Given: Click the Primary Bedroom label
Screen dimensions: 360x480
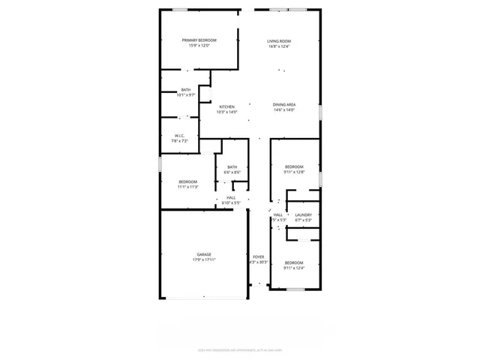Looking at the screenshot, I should (199, 40).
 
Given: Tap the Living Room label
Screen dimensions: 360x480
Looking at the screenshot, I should (279, 40).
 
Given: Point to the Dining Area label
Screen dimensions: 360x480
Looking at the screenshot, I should (283, 105).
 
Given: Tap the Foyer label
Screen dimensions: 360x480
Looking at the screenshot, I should (258, 256).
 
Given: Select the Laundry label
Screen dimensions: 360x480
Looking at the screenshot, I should (303, 215).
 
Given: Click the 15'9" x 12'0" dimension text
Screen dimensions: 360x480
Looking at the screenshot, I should (199, 46).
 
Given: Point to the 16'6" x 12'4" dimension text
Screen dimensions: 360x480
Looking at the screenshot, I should (279, 46).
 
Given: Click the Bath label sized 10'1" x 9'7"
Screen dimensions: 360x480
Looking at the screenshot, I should (185, 90).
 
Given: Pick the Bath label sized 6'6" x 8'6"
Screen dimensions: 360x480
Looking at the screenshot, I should (232, 167).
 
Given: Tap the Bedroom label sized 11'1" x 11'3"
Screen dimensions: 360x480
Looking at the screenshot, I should (187, 181).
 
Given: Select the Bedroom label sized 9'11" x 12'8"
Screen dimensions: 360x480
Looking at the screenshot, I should (294, 166).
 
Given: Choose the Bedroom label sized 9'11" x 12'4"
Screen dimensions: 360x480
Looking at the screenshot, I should (294, 262).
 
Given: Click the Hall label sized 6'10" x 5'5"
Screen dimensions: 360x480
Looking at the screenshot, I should (231, 198).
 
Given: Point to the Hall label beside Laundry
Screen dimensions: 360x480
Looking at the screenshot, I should (278, 215).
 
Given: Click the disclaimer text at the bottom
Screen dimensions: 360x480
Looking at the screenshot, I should (239, 349).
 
